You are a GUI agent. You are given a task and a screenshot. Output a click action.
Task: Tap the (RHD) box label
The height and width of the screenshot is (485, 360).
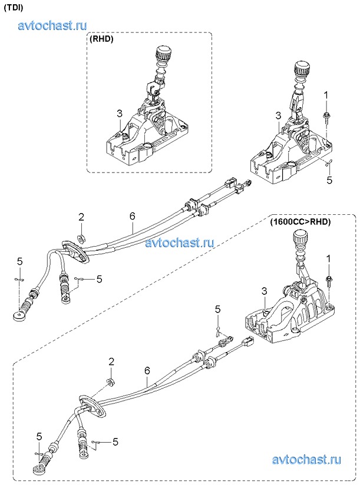(102, 40)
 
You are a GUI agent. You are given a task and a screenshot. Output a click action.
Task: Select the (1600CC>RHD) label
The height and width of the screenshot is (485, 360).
(300, 222)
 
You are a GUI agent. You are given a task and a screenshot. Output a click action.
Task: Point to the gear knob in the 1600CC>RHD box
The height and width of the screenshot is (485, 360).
(300, 241)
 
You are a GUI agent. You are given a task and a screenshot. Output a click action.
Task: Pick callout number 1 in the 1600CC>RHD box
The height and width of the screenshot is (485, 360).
(329, 258)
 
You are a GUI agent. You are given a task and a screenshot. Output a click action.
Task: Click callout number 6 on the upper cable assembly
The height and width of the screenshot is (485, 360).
(133, 216)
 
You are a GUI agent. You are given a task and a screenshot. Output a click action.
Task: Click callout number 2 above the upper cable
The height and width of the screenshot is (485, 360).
(82, 217)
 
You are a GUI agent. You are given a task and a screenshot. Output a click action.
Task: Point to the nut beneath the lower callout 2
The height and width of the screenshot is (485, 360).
(110, 383)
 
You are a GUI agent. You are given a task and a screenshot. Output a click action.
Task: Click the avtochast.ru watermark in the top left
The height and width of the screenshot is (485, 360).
(53, 25)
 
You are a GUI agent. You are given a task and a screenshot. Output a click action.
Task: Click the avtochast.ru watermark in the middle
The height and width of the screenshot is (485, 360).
(179, 242)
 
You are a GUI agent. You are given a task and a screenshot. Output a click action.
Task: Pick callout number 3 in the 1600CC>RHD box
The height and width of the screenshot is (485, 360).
(265, 291)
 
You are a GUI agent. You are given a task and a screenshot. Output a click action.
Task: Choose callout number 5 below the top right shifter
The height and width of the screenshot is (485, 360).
(329, 180)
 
